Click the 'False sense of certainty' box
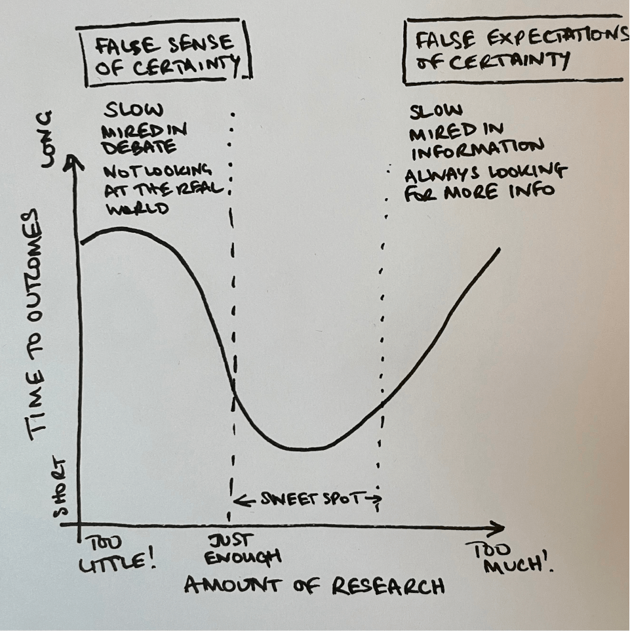point(165,53)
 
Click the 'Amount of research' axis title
point(314,585)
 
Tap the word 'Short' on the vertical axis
point(60,489)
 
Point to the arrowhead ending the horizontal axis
point(500,527)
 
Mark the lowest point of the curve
point(305,449)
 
